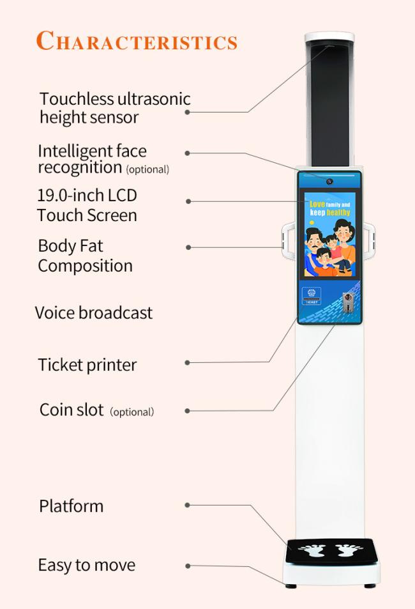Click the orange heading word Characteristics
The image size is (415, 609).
(137, 41)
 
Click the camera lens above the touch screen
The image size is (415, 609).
(329, 181)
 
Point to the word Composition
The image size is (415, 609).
(85, 266)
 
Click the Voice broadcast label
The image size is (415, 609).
(94, 312)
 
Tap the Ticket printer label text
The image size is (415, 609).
(87, 365)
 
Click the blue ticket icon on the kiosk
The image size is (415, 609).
(312, 296)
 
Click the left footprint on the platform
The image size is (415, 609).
(312, 550)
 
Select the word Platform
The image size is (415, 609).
(71, 506)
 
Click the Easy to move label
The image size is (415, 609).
(87, 565)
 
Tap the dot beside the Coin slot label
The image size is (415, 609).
(188, 410)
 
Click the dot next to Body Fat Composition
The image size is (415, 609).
(188, 247)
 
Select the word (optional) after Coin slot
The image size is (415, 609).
(132, 412)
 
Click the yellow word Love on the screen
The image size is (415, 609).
(317, 204)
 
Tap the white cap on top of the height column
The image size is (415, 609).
(329, 37)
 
